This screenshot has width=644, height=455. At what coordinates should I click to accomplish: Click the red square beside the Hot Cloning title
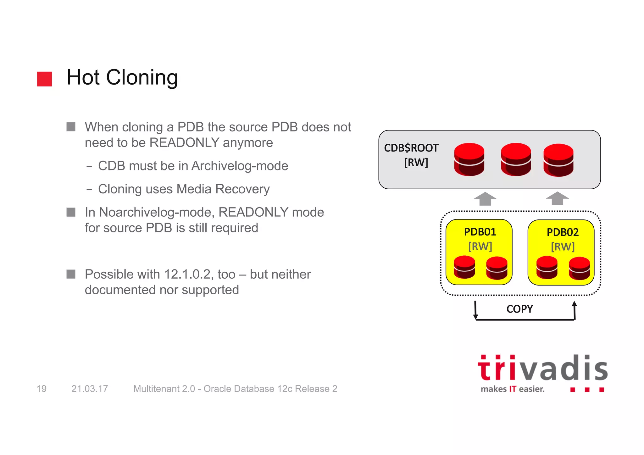tap(44, 79)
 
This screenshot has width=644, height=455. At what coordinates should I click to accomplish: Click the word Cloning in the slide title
tap(142, 78)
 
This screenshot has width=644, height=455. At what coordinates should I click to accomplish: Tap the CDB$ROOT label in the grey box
tap(411, 148)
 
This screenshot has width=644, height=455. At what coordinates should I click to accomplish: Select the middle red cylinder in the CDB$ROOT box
tap(516, 159)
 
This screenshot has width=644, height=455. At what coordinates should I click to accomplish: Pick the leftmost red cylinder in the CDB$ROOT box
tap(469, 159)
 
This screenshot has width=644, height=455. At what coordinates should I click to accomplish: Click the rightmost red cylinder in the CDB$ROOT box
tap(558, 160)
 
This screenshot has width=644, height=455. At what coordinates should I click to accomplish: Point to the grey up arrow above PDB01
tap(485, 199)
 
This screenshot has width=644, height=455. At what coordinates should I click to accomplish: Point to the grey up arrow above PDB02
tap(557, 199)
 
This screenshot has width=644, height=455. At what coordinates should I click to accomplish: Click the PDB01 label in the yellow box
tap(480, 232)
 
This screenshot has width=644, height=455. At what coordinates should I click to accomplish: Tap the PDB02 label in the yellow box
tap(563, 232)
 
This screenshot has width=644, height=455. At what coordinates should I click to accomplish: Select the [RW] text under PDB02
tap(563, 247)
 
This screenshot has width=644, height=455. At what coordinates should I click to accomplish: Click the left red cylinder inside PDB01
tap(464, 267)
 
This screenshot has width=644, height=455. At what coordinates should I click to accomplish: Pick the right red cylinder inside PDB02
tap(579, 268)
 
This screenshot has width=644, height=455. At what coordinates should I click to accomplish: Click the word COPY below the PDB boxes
tap(519, 309)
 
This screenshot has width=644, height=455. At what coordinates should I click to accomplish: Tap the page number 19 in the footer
tap(42, 389)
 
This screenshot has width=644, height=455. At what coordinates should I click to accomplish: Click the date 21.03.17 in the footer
tap(90, 389)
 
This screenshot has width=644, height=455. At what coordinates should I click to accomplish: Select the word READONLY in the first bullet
tap(184, 143)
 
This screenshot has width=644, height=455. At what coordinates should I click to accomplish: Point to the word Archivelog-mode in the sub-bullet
tap(240, 166)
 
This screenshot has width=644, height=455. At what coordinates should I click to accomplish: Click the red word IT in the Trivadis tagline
tap(513, 389)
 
